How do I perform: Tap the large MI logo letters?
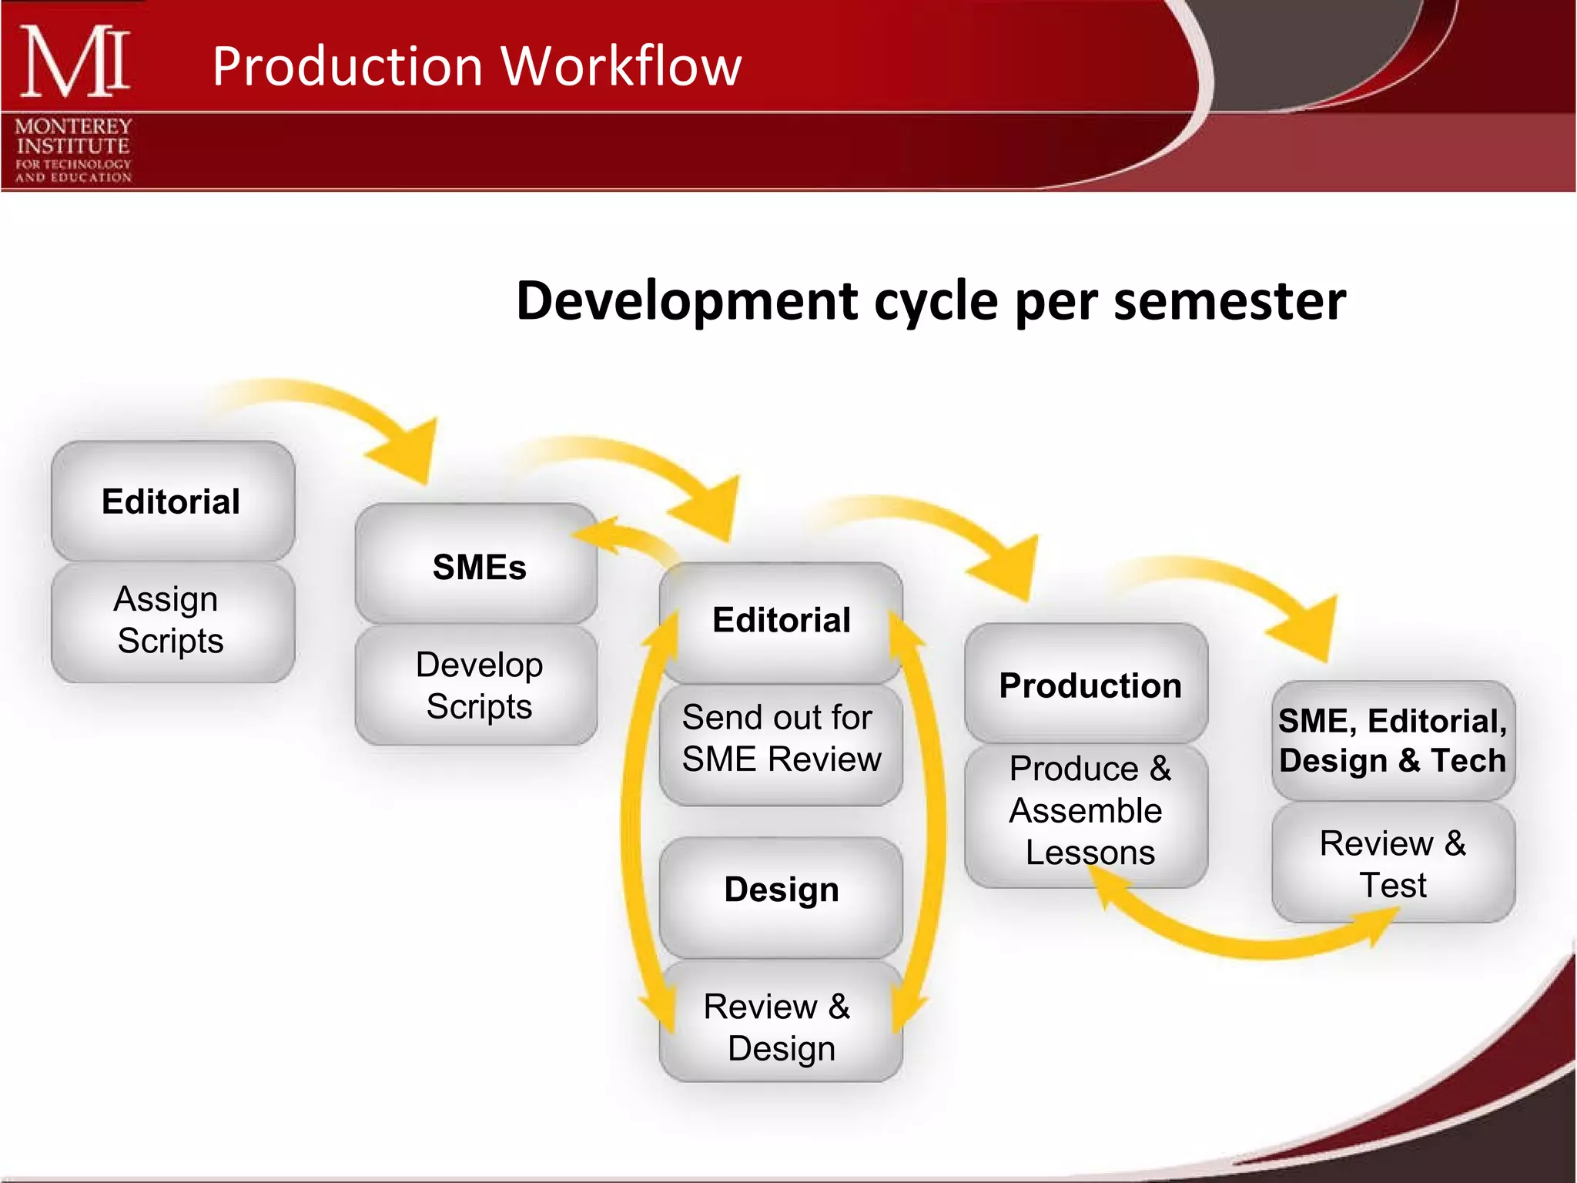[x=75, y=62]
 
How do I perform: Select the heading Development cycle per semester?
[x=930, y=300]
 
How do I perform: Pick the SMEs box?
[x=477, y=566]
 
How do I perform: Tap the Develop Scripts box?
[x=477, y=685]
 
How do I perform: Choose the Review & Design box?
[x=780, y=1027]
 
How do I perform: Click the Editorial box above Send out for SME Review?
[x=780, y=621]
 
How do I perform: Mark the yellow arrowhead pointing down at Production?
[x=1009, y=570]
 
